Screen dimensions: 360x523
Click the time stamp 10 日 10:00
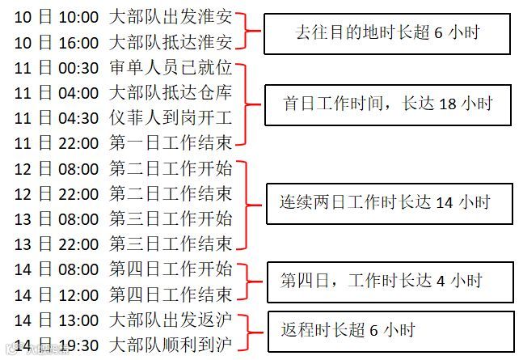tap(57, 17)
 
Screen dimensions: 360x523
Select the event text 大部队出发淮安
tap(171, 17)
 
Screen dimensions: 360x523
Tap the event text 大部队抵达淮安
tap(171, 42)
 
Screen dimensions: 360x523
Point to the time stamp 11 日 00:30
tap(57, 68)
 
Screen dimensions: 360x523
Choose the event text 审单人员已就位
tap(171, 68)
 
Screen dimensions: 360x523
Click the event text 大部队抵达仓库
tap(171, 93)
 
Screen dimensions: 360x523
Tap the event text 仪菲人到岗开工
tap(171, 118)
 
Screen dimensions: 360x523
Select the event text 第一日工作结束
tap(171, 143)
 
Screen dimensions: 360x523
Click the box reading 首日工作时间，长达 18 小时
tap(388, 104)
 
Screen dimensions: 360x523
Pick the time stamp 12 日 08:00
tap(57, 169)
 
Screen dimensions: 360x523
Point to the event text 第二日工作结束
tap(171, 194)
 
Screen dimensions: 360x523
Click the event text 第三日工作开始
tap(171, 218)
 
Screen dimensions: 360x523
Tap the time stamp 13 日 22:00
tap(57, 244)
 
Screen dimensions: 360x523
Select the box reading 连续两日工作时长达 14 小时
tap(390, 202)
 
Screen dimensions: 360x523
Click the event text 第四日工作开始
tap(171, 269)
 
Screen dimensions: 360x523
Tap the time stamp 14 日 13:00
tap(57, 320)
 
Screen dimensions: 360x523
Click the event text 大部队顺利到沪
tap(171, 345)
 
